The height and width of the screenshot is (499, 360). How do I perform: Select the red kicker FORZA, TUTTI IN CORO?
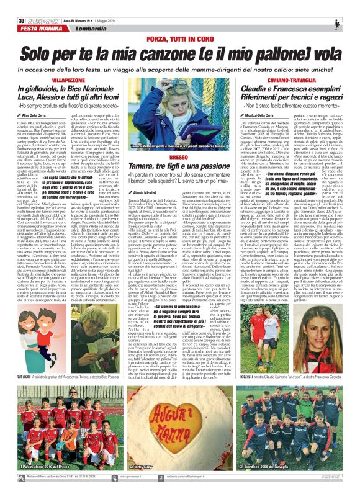[179, 22]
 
